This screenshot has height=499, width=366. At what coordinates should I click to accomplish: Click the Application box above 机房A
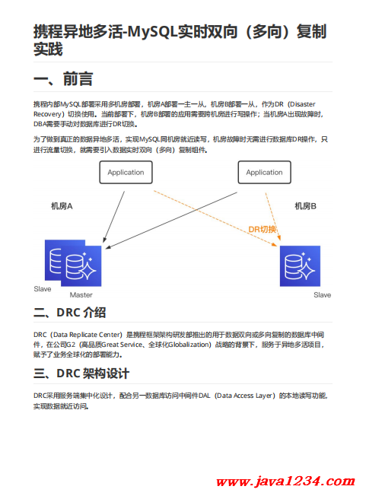click(x=126, y=172)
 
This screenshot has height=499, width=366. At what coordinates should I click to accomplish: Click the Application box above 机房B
click(x=265, y=172)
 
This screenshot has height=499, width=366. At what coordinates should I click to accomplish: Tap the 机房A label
click(x=62, y=206)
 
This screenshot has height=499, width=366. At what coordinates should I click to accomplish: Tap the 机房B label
click(x=306, y=206)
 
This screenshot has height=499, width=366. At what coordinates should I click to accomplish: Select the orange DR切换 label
click(x=262, y=229)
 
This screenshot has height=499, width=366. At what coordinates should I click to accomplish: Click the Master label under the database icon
click(x=81, y=295)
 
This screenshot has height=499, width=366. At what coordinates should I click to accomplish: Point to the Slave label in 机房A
click(x=43, y=289)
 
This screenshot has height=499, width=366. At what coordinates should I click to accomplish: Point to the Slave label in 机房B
click(x=323, y=295)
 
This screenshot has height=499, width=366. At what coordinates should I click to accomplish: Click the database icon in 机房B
click(x=300, y=266)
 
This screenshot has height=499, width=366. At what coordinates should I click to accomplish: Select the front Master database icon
click(x=81, y=266)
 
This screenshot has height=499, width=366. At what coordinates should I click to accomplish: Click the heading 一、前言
click(x=63, y=79)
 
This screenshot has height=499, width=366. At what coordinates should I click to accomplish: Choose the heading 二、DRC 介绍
click(x=70, y=313)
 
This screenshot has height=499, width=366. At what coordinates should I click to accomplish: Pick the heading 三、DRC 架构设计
click(x=81, y=373)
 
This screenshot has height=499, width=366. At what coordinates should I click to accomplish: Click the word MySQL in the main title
click(x=152, y=31)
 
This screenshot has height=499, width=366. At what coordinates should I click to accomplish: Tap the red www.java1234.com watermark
click(x=285, y=482)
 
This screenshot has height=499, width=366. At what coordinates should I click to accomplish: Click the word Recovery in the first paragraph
click(x=47, y=114)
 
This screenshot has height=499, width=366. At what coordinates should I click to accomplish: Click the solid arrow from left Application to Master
click(x=113, y=217)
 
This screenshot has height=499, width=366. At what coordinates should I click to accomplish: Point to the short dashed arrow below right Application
click(x=273, y=216)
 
